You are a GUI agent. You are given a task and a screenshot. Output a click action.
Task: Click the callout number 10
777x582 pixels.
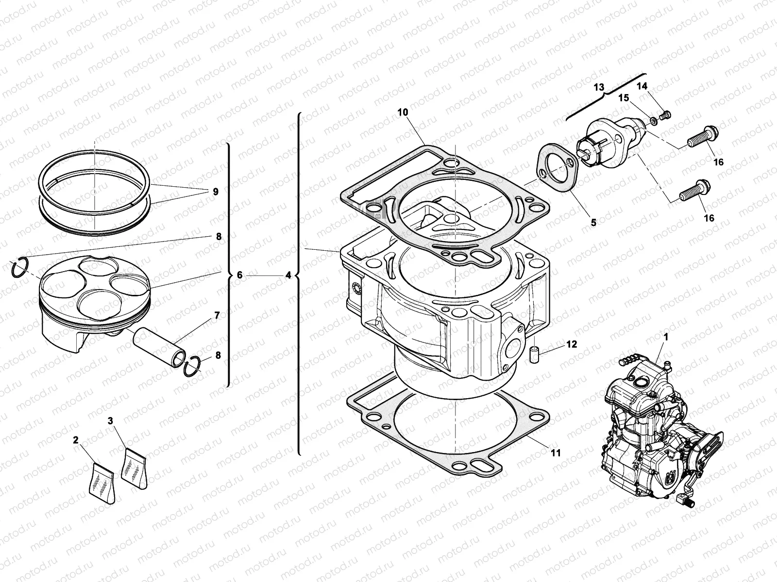[x=403, y=112]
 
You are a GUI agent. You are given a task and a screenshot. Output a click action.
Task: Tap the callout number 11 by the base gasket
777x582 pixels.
[x=556, y=453]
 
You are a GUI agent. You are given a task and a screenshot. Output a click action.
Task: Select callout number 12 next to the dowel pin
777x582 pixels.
[x=572, y=344]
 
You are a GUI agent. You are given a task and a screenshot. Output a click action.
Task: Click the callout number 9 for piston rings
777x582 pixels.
[x=215, y=192]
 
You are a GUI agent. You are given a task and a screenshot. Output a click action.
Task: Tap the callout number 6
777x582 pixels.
[x=239, y=275]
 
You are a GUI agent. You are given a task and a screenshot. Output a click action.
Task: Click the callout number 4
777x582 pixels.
[x=288, y=275]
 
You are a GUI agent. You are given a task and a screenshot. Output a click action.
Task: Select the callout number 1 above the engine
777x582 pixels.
[x=666, y=336]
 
